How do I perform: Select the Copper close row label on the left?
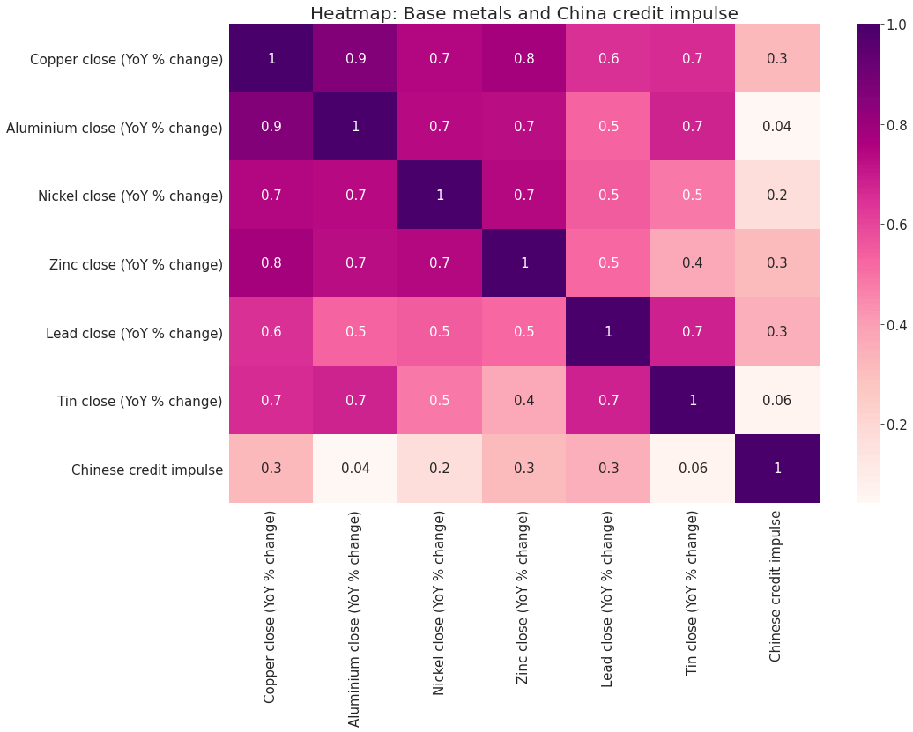(126, 60)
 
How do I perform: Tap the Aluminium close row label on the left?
(115, 129)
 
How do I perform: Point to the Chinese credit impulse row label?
(147, 470)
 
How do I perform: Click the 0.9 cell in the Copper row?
(355, 58)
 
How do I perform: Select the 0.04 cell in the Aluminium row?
(776, 126)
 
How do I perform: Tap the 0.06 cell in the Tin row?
(776, 400)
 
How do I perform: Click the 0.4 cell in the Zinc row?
(693, 263)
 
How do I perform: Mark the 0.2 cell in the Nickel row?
(776, 195)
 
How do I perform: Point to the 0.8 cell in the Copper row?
(523, 58)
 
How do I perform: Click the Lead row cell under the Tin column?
(693, 332)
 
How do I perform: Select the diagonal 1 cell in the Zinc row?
(523, 263)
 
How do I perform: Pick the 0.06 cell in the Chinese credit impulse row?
(693, 468)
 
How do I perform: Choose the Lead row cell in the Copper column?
(271, 332)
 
